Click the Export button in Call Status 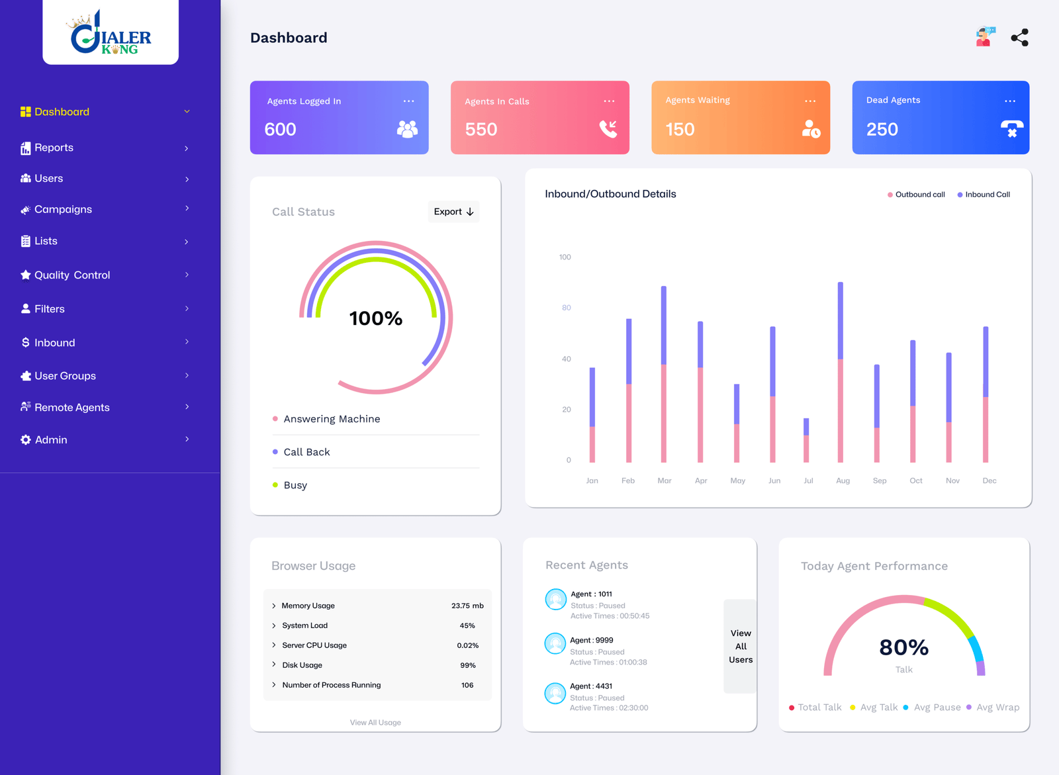coord(453,212)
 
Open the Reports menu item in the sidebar coord(54,148)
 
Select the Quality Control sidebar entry coord(71,275)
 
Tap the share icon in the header coord(1019,38)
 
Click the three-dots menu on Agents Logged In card coord(408,101)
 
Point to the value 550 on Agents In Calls coord(481,130)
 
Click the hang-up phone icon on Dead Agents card coord(1011,128)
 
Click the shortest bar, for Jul coord(806,440)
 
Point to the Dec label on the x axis coord(990,480)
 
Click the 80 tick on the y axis coord(567,308)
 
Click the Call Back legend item coord(306,452)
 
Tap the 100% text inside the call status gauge coord(376,319)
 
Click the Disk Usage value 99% coord(468,665)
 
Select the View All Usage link coord(375,723)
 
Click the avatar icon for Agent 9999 coord(555,643)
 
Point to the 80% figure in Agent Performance coord(903,647)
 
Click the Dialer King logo coord(111,32)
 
